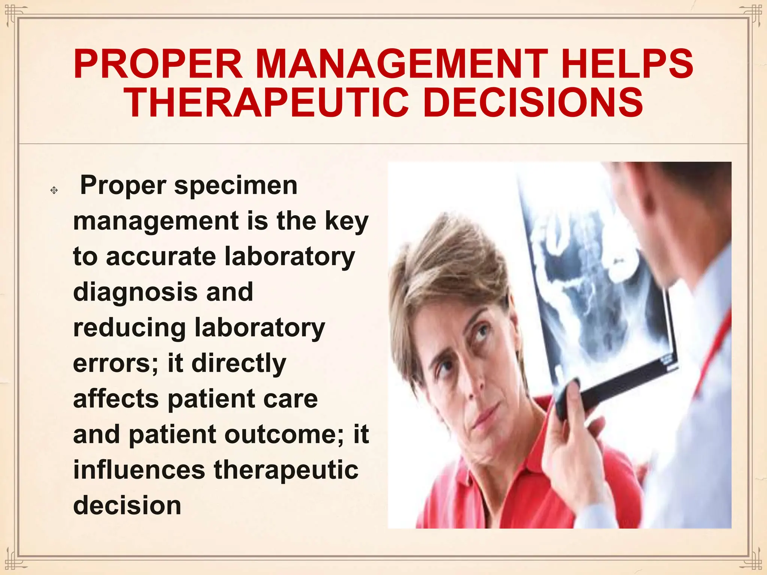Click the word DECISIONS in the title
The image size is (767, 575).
point(534,103)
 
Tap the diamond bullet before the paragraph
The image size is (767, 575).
point(54,190)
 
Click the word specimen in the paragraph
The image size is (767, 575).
point(236,186)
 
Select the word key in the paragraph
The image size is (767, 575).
point(346,222)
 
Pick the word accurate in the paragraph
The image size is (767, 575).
point(161,257)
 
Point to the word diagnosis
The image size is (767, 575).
point(135,292)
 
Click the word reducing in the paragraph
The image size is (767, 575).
point(129,328)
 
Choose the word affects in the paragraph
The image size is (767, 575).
point(116,399)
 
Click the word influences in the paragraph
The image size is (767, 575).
point(139,470)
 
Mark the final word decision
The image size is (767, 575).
point(127,505)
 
